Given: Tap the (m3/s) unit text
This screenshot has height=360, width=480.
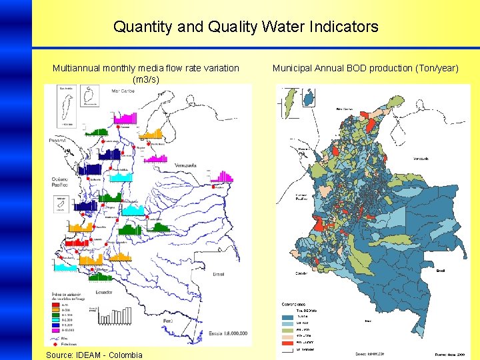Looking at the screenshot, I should [x=146, y=79].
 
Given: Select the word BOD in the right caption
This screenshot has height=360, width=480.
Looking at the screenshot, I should [x=351, y=68].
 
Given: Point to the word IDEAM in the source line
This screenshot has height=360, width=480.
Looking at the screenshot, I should [x=98, y=355].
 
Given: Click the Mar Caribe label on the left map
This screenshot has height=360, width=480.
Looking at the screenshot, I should [x=123, y=91].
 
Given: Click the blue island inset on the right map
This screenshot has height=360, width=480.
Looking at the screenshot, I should [x=309, y=98].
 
